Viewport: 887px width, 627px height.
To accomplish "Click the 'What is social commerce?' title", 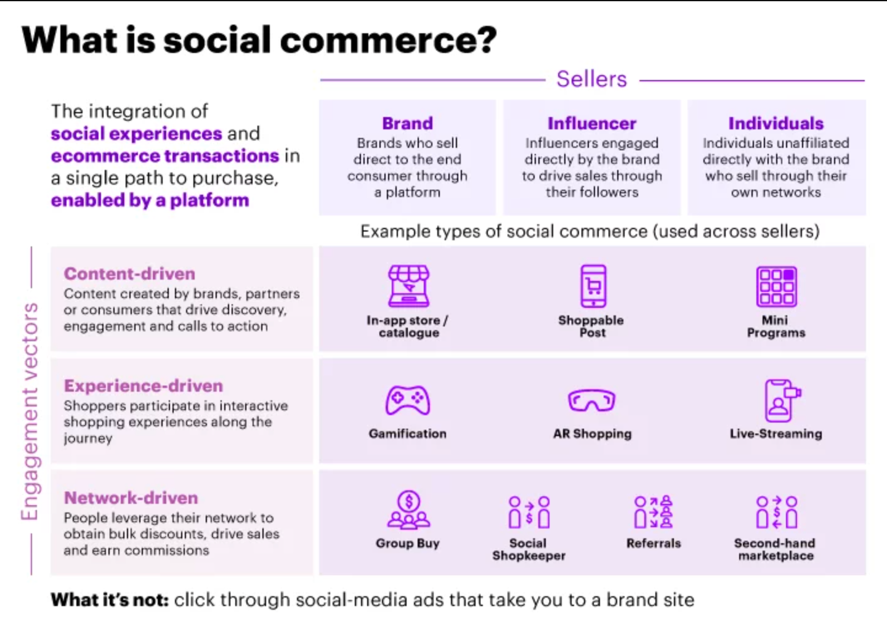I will tap(259, 40).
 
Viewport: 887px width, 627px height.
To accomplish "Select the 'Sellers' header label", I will tap(591, 79).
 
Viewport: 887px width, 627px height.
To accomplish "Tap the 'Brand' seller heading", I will tap(407, 123).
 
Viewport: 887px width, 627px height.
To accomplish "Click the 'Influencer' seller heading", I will tap(591, 123).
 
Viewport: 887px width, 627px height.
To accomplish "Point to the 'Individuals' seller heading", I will tap(776, 123).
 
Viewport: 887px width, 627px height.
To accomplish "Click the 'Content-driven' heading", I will tap(129, 273).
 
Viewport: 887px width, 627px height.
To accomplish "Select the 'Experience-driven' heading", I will tap(144, 386).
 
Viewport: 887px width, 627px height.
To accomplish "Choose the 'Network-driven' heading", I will tap(131, 498).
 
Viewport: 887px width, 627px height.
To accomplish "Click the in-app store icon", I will tap(408, 286).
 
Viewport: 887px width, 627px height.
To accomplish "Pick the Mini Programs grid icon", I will tap(776, 286).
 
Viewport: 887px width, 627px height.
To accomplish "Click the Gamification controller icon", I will tap(408, 400).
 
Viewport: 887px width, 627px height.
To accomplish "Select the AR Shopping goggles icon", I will tap(591, 400).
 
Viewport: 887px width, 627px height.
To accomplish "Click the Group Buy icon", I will tap(408, 511).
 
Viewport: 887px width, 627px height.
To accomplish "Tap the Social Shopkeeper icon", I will tap(529, 512).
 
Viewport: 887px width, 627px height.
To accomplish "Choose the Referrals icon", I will tap(654, 512).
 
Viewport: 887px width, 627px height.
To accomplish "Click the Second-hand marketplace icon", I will tap(777, 512).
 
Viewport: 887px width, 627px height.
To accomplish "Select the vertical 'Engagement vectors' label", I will tap(30, 411).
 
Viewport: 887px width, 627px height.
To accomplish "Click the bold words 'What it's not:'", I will tap(110, 600).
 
